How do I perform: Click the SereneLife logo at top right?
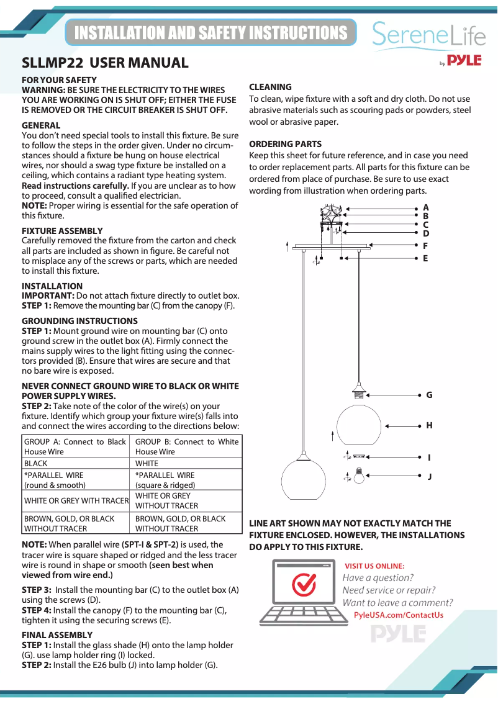pos(428,35)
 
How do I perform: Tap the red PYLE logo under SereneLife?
pos(464,61)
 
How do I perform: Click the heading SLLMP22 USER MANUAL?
pos(105,63)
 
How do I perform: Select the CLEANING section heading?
pos(270,87)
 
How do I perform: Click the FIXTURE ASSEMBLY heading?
pos(62,231)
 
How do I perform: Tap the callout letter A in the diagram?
pos(425,207)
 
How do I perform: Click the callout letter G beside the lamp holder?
pos(428,395)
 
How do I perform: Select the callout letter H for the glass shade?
pos(428,426)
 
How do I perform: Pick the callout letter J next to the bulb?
pos(428,477)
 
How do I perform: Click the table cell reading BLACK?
pos(35,464)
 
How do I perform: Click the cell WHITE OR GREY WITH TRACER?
pos(76,500)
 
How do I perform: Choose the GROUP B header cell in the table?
pos(186,446)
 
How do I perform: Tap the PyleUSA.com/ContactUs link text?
pos(398,615)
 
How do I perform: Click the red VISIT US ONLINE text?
pos(374,566)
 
